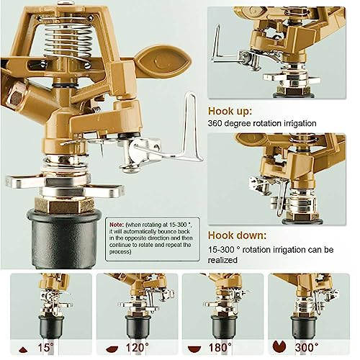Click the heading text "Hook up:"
(230, 112)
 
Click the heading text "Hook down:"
(237, 235)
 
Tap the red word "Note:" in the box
(117, 225)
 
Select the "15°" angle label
(45, 348)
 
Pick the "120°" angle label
(137, 348)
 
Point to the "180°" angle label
(220, 348)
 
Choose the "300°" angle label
(307, 348)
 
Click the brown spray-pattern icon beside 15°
(23, 350)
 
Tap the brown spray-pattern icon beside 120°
(112, 349)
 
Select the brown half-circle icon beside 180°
(194, 349)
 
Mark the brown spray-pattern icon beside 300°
(279, 346)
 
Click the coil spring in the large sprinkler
(68, 41)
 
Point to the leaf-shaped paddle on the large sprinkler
(163, 60)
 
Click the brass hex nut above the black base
(64, 205)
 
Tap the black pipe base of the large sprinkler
(64, 239)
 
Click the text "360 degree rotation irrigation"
(262, 123)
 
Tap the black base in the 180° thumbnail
(224, 326)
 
